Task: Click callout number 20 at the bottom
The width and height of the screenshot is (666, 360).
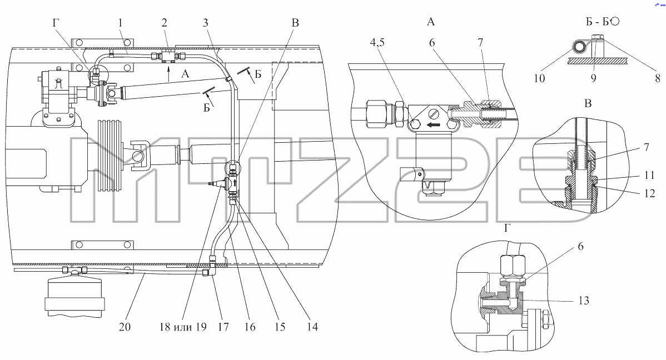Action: (x=125, y=327)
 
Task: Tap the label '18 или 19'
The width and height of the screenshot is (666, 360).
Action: (x=183, y=327)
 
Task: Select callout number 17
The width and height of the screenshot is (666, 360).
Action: (x=223, y=327)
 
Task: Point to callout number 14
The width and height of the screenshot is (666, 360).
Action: (x=312, y=327)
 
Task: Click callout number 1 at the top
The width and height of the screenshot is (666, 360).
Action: (x=121, y=22)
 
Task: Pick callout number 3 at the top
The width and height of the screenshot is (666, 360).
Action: (x=206, y=22)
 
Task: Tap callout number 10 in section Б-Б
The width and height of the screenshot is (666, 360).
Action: (x=539, y=78)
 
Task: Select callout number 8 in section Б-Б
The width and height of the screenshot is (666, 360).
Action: (x=658, y=78)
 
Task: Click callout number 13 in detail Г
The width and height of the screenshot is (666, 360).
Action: (x=584, y=301)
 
